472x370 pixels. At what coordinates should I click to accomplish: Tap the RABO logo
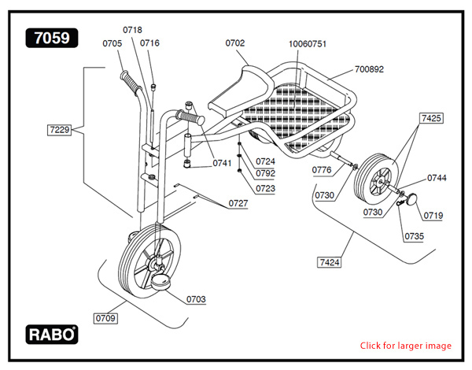[53, 333]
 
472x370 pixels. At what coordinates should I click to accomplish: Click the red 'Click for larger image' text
[406, 346]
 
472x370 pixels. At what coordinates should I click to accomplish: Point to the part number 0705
[112, 43]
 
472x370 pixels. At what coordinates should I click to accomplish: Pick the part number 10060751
[307, 44]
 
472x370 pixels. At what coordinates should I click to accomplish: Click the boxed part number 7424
[330, 261]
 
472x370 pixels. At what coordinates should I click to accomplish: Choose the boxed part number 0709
[105, 318]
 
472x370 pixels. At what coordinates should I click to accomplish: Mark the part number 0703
[196, 299]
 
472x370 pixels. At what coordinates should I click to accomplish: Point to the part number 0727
[238, 203]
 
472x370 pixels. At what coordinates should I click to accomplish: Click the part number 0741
[222, 163]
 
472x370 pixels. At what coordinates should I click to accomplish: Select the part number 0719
[433, 215]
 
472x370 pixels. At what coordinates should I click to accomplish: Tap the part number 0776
[321, 170]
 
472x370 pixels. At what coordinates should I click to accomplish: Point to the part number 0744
[437, 178]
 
